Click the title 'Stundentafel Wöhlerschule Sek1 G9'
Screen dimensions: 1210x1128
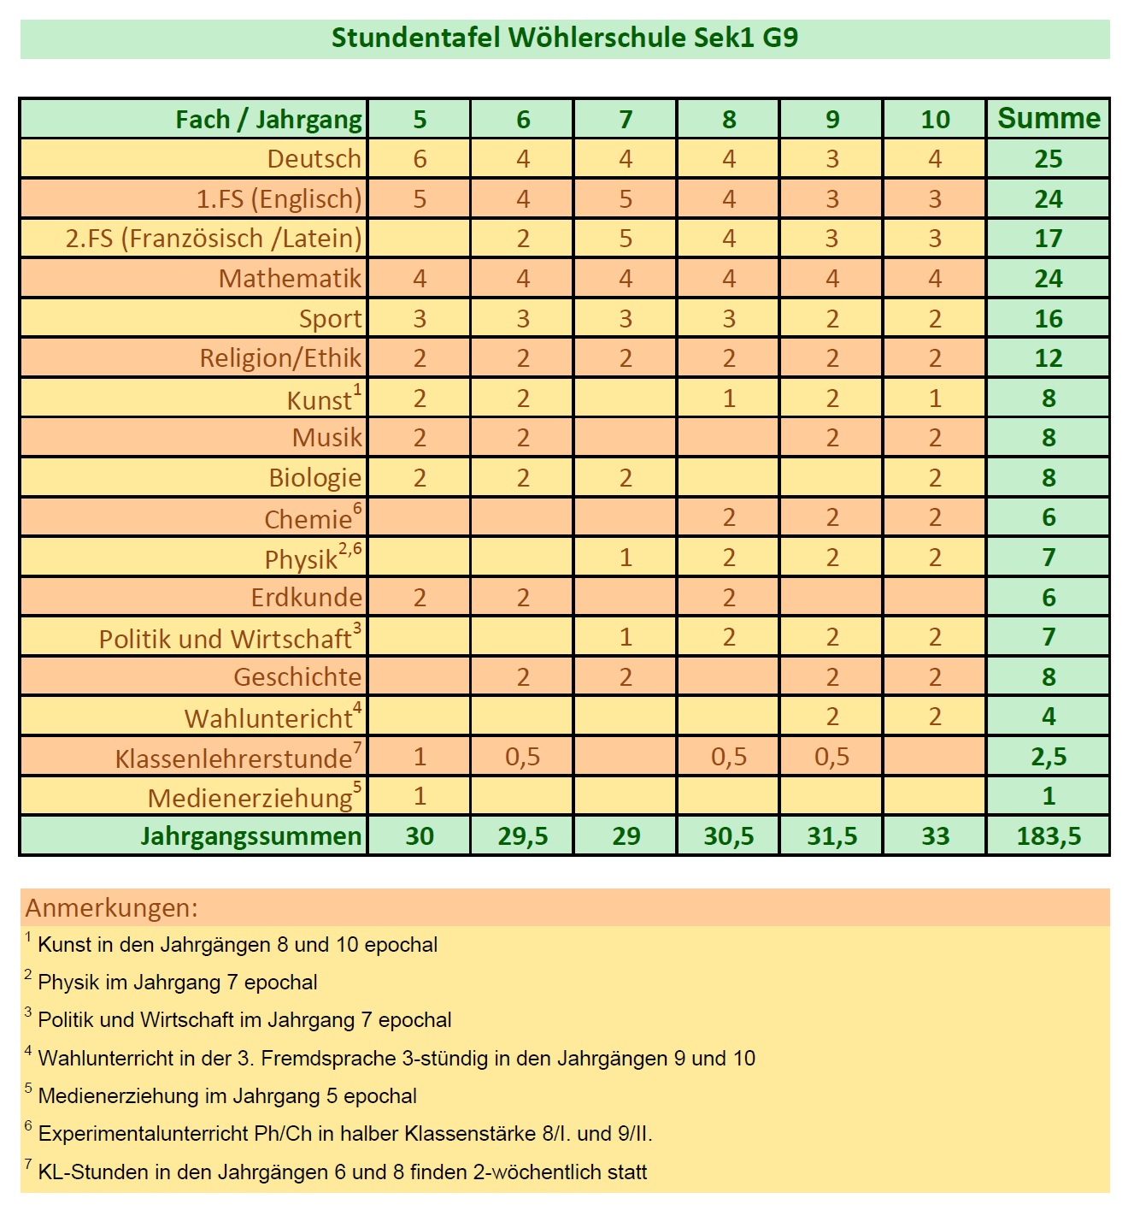[564, 38]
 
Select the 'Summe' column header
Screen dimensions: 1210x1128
[1049, 119]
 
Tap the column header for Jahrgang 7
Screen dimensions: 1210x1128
[626, 120]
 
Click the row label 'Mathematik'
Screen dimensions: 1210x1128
[290, 279]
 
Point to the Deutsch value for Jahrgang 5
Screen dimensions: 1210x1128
[420, 159]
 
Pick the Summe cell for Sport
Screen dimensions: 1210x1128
[1049, 319]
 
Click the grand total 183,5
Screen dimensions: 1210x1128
[1049, 836]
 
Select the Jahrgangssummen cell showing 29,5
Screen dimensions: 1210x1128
[522, 836]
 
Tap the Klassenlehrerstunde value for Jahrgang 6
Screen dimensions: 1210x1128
[522, 757]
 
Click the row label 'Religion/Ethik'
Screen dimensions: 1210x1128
[280, 358]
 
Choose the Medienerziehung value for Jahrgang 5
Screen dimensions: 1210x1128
[420, 796]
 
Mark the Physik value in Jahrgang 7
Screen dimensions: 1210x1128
[626, 558]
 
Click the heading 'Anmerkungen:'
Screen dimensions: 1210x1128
[112, 907]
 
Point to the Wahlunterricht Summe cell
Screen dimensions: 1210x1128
[1049, 717]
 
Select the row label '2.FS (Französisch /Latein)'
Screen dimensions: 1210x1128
[214, 239]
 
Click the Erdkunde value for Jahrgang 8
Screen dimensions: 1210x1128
[729, 598]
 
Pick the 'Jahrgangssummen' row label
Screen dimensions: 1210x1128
[251, 836]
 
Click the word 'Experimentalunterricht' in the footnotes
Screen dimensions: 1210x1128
[144, 1134]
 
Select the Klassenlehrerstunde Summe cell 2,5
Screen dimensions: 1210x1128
[1049, 757]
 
